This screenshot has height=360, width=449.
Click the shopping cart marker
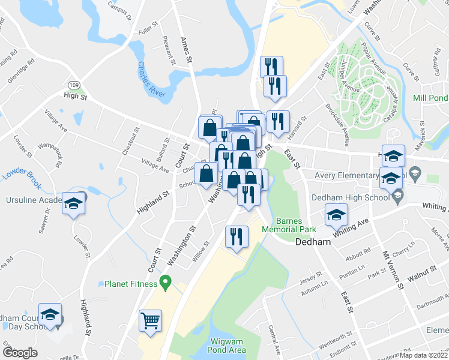[150, 320]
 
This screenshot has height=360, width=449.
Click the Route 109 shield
[73, 85]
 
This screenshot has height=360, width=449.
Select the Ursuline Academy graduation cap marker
[73, 203]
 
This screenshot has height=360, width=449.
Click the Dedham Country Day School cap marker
[50, 314]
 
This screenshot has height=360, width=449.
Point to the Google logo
[20, 353]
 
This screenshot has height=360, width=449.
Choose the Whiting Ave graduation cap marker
[337, 214]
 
